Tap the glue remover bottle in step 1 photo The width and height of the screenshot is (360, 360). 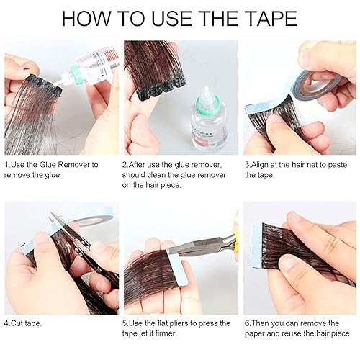coord(85,68)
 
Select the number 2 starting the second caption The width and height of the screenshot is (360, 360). coord(126,165)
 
